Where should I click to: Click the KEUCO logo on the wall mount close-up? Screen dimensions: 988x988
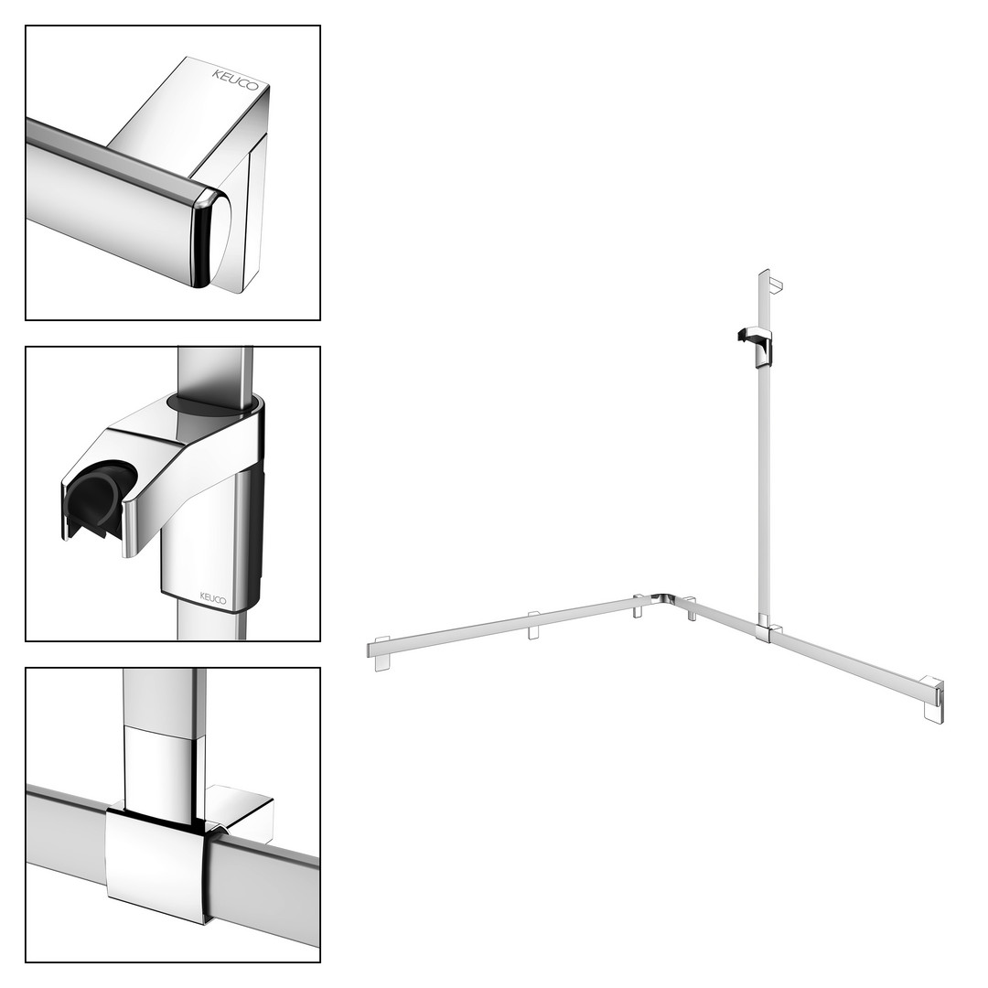(235, 80)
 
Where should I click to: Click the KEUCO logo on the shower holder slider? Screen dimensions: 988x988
(213, 597)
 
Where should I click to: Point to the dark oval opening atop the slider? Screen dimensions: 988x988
(213, 404)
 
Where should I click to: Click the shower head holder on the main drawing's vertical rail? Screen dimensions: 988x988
(755, 346)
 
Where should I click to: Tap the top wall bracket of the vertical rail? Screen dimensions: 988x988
(775, 285)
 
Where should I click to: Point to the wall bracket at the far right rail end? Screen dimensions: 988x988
(934, 699)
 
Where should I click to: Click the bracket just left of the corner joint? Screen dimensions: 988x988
(639, 606)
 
